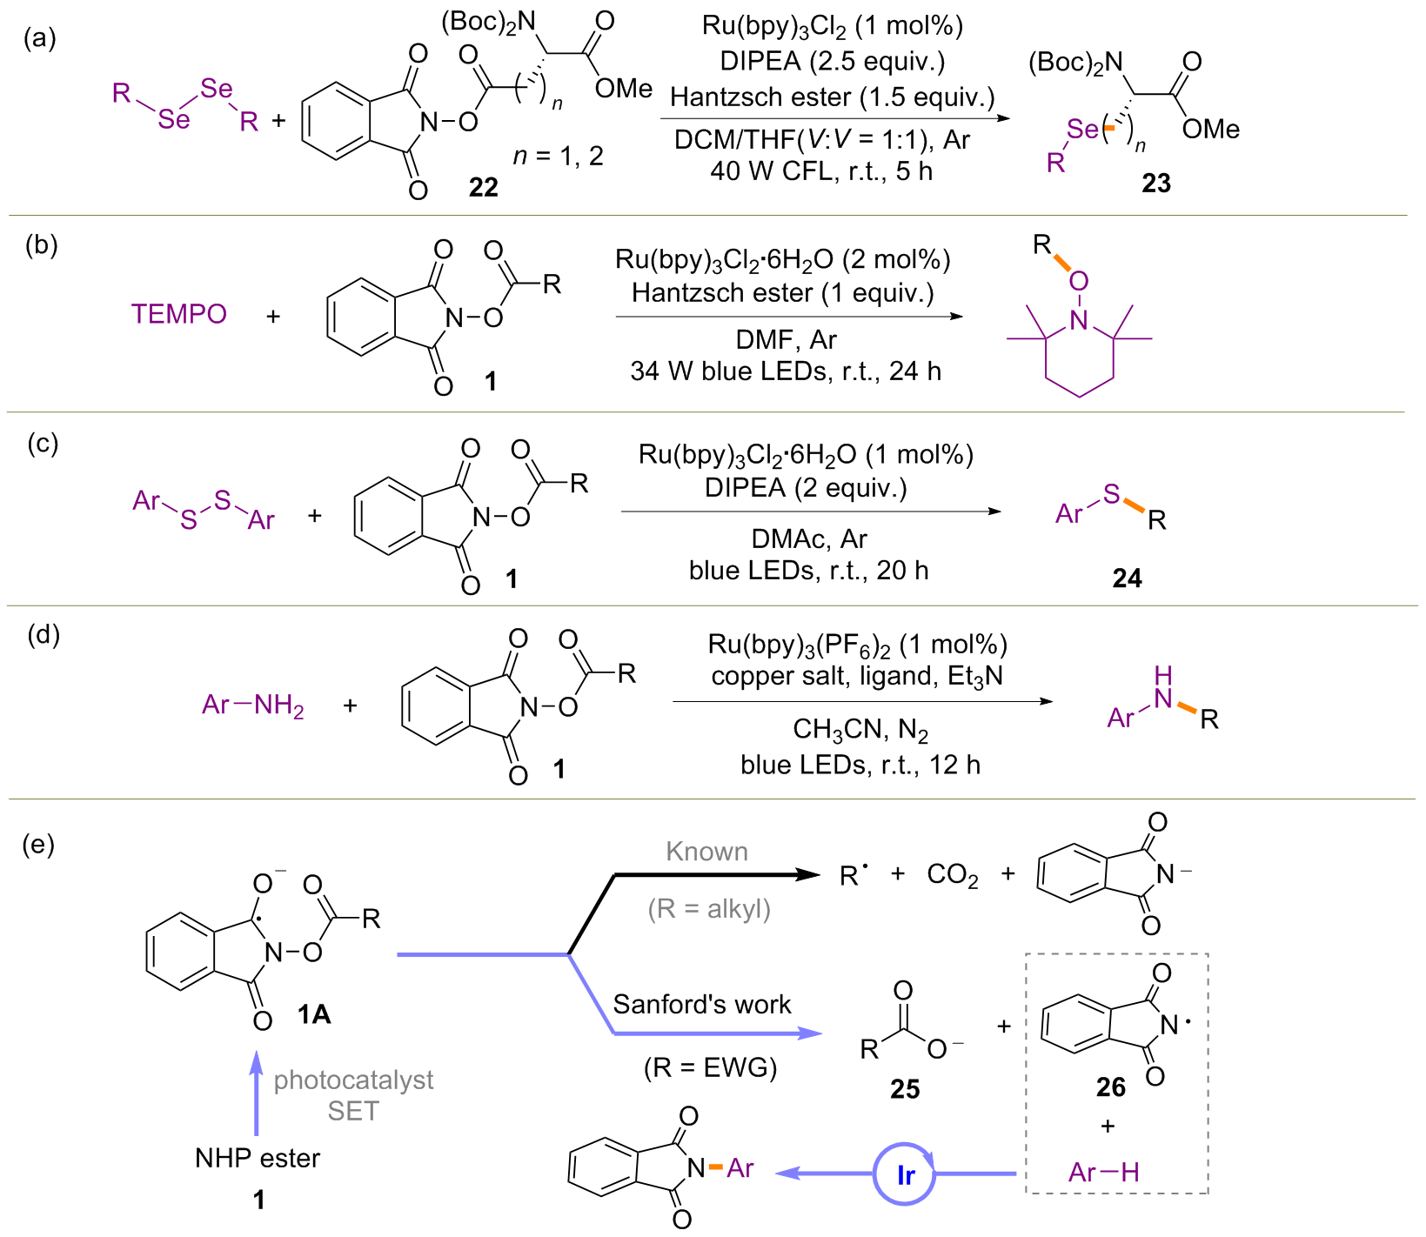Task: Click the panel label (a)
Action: coord(40,38)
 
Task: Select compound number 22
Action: coord(484,186)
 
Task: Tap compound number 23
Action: coord(1156,184)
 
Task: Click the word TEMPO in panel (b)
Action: coord(179,314)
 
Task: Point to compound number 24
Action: coord(1127,578)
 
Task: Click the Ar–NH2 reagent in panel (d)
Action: coord(252,705)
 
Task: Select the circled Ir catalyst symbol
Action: coord(905,1175)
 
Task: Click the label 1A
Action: coord(313,1013)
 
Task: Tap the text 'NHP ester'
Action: coord(258,1158)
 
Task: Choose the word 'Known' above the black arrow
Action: coord(706,852)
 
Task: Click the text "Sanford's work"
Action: coord(702,1005)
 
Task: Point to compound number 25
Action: coord(905,1089)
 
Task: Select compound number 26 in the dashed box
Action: coord(1111,1087)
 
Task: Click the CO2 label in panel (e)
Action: coord(953,874)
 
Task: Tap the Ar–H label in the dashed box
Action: coord(1103,1173)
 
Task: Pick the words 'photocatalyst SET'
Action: coord(353,1095)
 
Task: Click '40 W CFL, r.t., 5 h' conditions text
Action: coord(821,171)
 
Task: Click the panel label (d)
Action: coord(44,635)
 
